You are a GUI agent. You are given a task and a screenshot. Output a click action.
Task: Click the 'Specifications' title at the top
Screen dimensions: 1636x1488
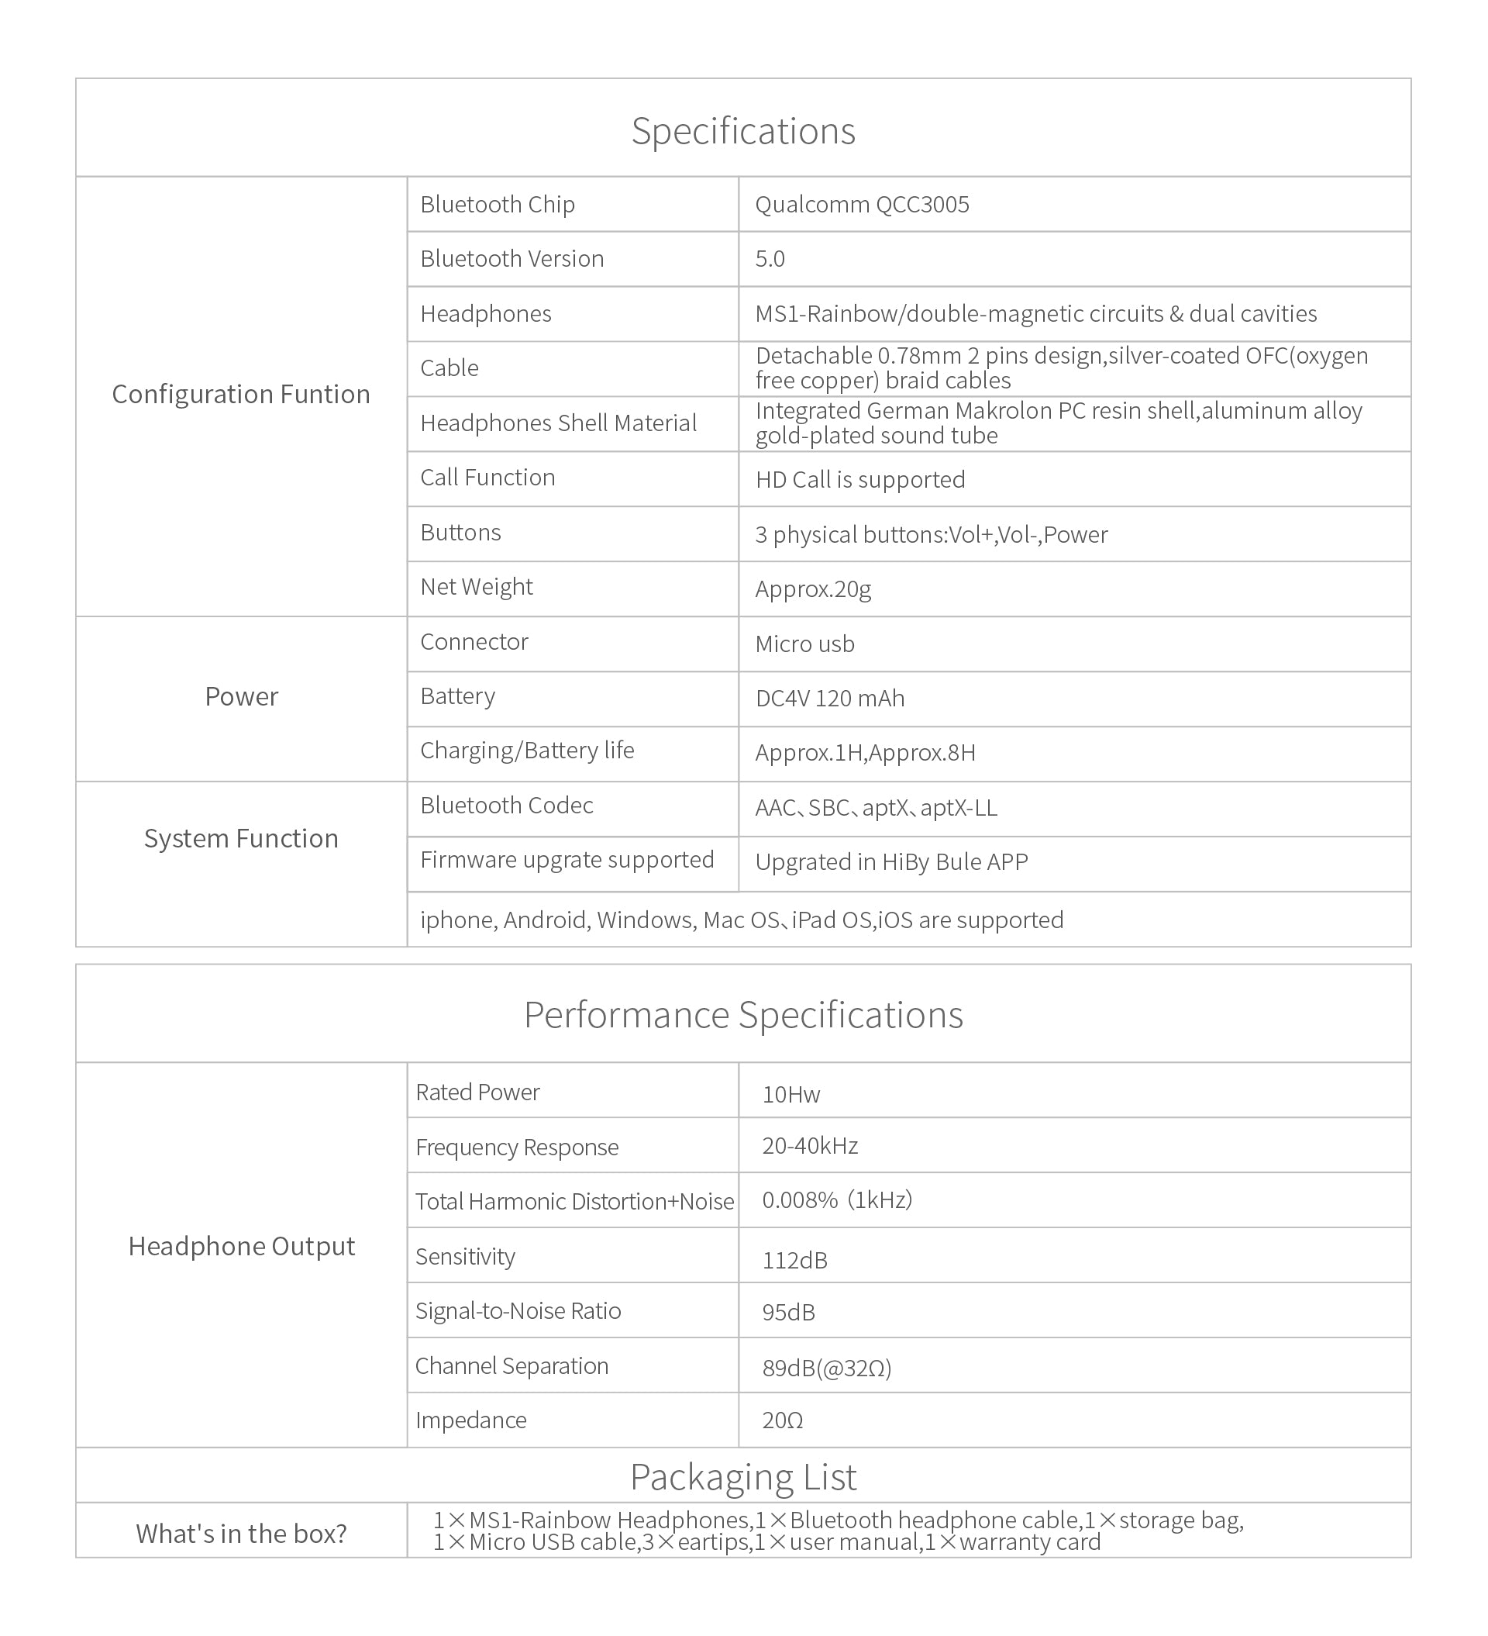coord(743,131)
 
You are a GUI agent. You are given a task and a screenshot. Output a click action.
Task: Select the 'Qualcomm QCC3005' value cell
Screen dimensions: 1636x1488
coord(862,205)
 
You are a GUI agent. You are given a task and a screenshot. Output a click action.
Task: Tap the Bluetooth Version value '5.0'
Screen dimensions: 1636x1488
coord(770,259)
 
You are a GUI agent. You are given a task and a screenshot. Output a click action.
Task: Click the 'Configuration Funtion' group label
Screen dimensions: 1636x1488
coord(241,395)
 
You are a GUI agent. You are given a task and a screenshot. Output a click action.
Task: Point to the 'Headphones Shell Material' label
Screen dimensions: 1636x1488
coord(558,423)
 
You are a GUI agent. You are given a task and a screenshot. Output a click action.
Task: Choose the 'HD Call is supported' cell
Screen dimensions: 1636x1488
coord(860,480)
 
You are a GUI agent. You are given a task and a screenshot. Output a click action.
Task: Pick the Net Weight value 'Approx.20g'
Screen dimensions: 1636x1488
coord(813,589)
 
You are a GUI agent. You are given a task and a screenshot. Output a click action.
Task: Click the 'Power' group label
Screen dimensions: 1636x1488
coord(241,696)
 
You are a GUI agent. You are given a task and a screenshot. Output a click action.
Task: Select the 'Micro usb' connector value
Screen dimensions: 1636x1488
coord(805,644)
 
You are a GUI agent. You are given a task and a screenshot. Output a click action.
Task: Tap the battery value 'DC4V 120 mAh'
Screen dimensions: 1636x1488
coord(829,699)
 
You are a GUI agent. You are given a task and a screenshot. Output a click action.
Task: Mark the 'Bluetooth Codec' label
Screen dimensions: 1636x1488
coord(506,805)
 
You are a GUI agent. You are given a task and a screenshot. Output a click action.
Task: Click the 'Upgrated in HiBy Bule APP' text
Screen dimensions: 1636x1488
coord(890,862)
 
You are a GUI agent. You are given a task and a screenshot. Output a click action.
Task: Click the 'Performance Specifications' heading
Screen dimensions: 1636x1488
coord(743,1014)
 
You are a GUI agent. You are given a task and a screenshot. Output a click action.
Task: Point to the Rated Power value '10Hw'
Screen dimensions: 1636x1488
coord(791,1095)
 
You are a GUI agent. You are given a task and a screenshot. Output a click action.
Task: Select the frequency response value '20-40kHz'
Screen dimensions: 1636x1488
coord(810,1146)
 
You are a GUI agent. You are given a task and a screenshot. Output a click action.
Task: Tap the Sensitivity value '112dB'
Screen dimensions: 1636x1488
coord(794,1260)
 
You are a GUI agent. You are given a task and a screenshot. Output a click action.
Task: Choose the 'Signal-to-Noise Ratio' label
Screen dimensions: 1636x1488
coord(518,1310)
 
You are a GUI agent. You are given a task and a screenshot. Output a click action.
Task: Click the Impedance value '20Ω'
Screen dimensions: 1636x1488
coord(782,1420)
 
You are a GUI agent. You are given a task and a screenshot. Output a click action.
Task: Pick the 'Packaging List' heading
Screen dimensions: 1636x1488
coord(743,1477)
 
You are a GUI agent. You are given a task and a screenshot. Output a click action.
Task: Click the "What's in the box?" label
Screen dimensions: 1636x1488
coord(241,1533)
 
